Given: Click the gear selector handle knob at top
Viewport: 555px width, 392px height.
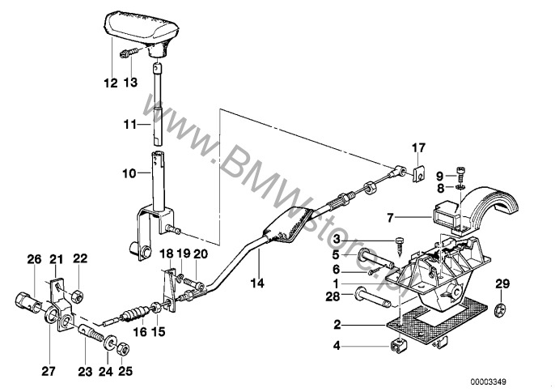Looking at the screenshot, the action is [142, 31].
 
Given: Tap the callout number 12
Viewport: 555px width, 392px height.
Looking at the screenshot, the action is [110, 83].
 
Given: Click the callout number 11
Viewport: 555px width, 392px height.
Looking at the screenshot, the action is [129, 125].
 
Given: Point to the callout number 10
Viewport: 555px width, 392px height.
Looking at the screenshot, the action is [129, 173].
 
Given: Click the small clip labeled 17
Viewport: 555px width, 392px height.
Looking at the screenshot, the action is [418, 174].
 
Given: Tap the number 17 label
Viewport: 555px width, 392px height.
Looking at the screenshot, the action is [418, 147].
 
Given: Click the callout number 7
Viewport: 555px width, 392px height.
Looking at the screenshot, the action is [390, 218].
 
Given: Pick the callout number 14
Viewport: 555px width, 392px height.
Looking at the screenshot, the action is [257, 283].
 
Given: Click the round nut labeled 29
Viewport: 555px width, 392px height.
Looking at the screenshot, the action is [499, 309].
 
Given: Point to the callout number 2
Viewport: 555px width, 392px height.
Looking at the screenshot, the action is [337, 324].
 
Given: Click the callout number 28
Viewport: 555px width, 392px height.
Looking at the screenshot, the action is [333, 296].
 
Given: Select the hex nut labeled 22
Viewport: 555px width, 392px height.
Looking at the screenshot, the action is [77, 296].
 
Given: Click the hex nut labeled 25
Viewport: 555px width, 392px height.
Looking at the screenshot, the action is [122, 349].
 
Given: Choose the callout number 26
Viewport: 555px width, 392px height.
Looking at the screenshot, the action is [35, 259].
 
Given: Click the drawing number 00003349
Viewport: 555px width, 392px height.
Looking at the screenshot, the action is [488, 381].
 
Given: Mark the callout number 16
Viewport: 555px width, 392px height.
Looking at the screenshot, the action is [140, 332].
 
